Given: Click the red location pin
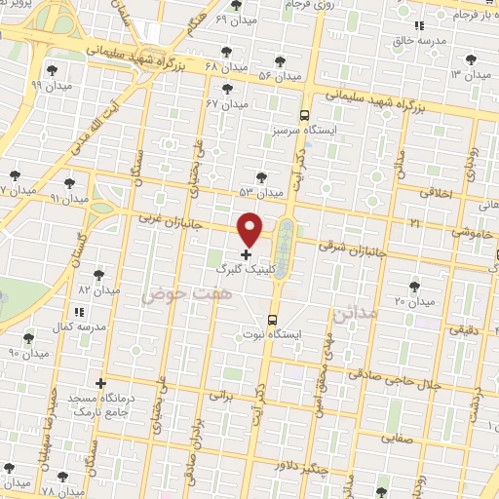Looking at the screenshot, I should (250, 230).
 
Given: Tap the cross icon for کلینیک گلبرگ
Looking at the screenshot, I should (245, 254).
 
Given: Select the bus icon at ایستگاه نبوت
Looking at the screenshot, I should (272, 319).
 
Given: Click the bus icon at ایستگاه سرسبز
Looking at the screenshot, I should (305, 114).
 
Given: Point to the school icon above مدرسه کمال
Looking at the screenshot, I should (79, 312).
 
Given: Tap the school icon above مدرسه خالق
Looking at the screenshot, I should (419, 26).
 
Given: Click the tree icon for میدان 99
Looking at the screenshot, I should (52, 70).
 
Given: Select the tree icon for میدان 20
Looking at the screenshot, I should (415, 286).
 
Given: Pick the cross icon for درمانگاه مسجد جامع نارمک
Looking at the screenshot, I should (100, 383).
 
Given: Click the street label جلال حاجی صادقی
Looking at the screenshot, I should (395, 372).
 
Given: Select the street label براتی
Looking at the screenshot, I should (223, 397).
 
